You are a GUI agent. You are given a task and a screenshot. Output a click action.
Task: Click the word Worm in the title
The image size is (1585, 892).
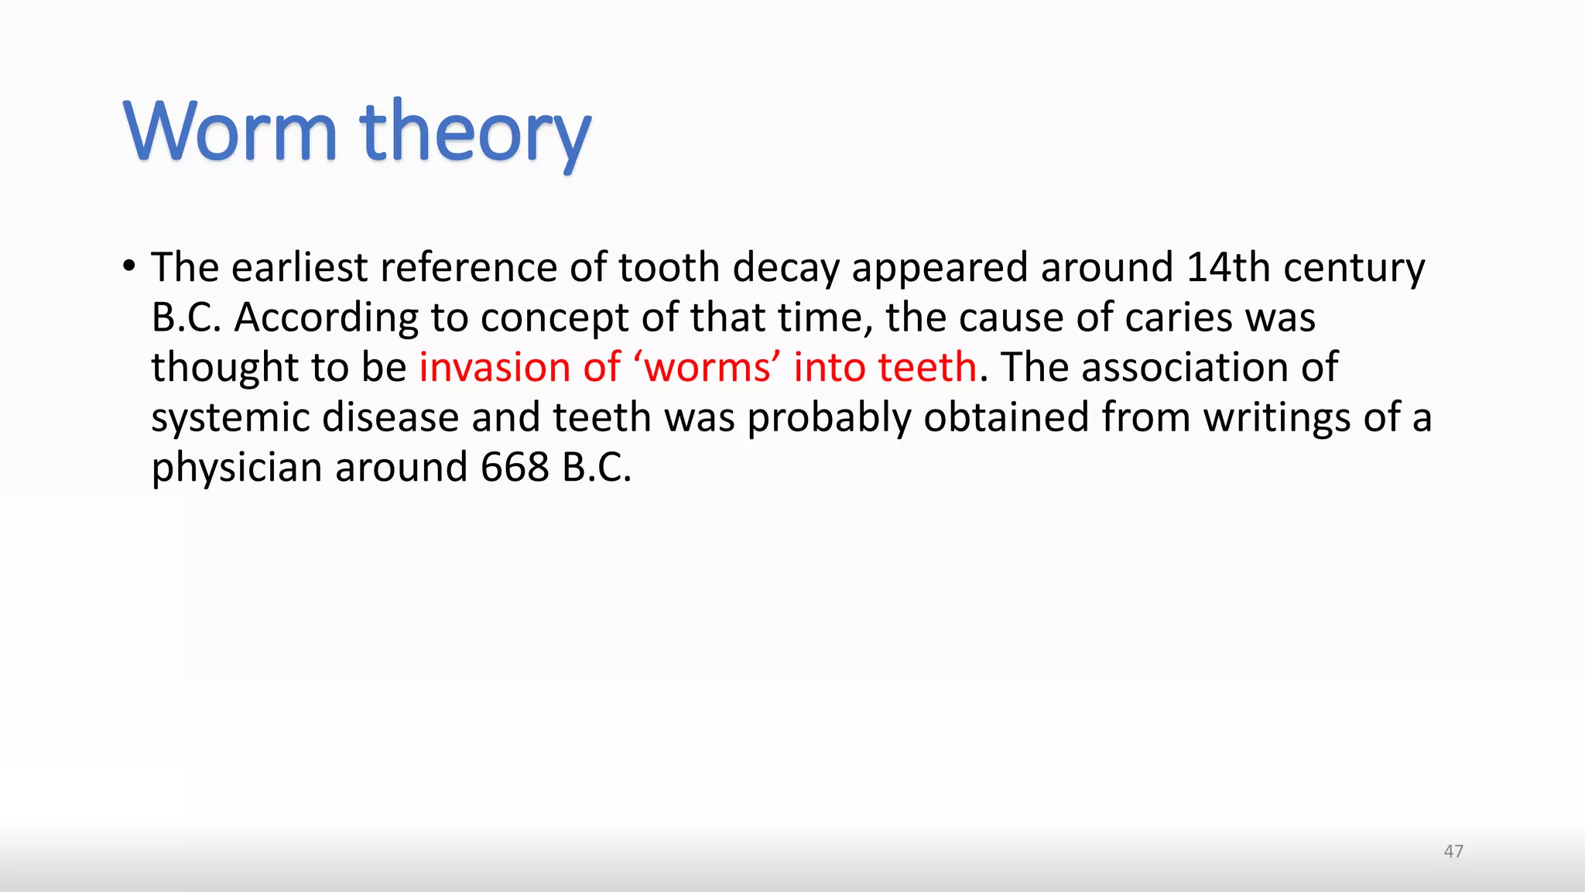click(231, 132)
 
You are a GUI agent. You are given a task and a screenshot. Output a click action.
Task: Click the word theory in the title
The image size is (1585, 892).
click(475, 133)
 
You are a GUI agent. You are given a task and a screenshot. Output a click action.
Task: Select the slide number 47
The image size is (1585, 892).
click(1453, 851)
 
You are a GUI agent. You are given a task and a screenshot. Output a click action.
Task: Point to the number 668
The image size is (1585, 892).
click(515, 467)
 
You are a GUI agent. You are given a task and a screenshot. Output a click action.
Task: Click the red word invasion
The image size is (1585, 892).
click(494, 367)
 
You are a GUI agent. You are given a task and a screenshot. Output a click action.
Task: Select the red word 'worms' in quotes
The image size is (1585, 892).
click(707, 367)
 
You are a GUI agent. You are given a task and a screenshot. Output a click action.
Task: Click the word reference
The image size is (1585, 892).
click(468, 267)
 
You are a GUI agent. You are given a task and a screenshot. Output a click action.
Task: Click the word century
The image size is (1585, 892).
click(1354, 269)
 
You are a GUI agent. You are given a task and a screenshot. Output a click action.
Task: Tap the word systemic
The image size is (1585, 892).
click(230, 418)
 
